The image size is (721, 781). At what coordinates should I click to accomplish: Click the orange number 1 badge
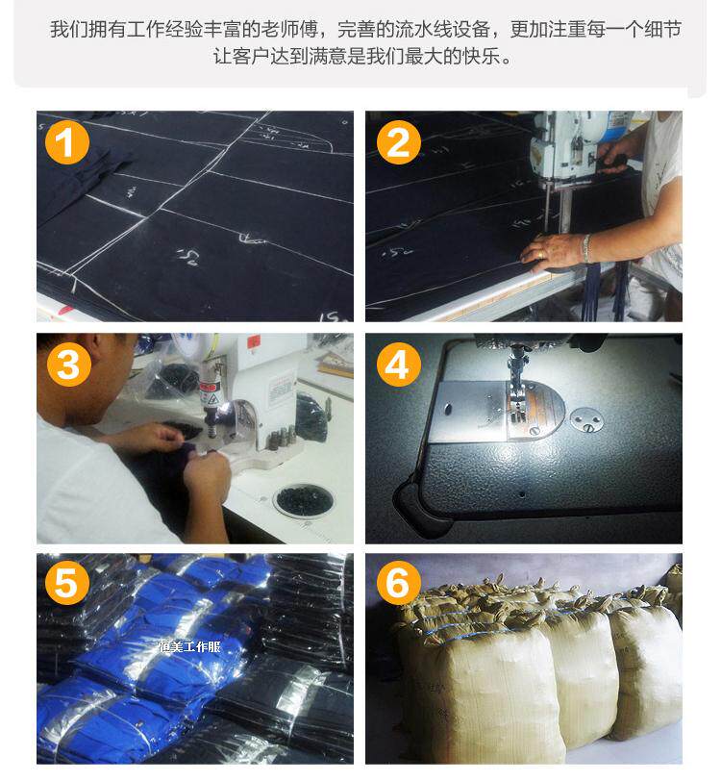click(x=67, y=142)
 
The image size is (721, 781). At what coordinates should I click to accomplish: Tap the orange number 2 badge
click(x=398, y=142)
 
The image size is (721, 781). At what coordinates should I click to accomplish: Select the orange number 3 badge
click(x=69, y=365)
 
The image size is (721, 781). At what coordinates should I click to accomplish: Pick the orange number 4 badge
click(x=398, y=365)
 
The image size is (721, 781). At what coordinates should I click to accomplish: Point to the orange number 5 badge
click(x=67, y=582)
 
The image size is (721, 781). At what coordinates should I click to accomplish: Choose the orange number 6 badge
click(x=398, y=582)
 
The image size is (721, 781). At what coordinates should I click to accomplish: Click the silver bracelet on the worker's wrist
click(x=587, y=247)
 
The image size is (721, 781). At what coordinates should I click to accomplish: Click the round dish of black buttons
click(x=304, y=499)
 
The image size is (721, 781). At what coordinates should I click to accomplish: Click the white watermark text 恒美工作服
click(x=189, y=646)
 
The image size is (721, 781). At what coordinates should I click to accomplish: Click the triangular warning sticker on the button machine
click(x=212, y=398)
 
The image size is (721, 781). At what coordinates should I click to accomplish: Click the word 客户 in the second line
click(x=251, y=56)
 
